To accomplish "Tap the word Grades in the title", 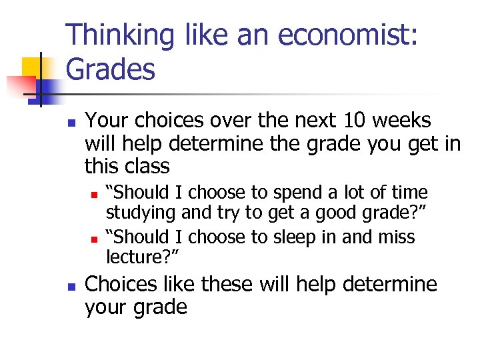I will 111,69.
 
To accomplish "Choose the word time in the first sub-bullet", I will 409,193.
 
